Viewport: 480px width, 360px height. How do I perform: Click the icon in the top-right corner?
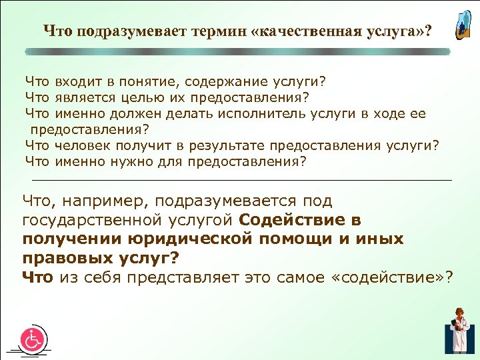click(461, 25)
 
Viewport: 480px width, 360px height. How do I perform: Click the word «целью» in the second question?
click(143, 98)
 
